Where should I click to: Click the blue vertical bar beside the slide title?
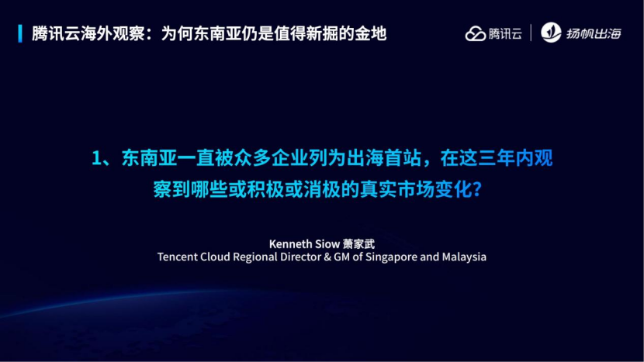click(x=19, y=33)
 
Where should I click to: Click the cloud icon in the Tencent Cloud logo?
click(x=475, y=33)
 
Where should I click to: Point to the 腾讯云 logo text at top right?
click(x=505, y=33)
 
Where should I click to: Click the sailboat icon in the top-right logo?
click(x=550, y=33)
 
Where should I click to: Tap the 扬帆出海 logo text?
click(x=594, y=33)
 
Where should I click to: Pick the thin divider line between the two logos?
click(x=531, y=33)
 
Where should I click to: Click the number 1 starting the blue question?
click(x=97, y=159)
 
